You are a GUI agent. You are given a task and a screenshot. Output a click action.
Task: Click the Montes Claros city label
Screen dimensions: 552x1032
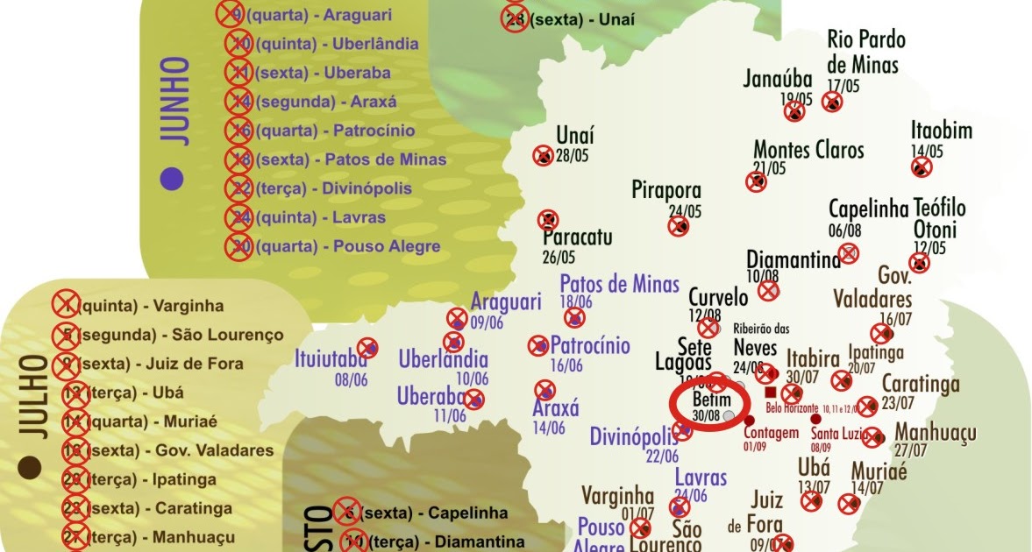(x=808, y=150)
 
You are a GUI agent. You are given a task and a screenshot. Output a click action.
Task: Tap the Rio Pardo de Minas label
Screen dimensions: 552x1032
(x=865, y=52)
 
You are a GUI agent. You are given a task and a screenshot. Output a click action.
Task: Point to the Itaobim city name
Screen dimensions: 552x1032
(x=941, y=131)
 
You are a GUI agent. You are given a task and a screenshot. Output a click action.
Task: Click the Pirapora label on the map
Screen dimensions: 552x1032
(x=666, y=190)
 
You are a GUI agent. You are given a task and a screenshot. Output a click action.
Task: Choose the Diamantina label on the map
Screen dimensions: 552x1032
(x=793, y=260)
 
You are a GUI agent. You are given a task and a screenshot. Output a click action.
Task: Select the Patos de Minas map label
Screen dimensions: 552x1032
(x=619, y=284)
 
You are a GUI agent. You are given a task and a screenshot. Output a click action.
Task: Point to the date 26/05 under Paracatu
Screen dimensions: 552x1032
(x=559, y=258)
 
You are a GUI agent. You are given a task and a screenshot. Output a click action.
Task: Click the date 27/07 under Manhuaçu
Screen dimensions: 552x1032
(x=911, y=450)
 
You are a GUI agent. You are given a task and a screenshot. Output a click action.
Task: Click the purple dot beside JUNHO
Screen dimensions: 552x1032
(x=173, y=178)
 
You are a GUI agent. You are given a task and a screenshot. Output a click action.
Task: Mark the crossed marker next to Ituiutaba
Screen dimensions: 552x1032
(x=368, y=347)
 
